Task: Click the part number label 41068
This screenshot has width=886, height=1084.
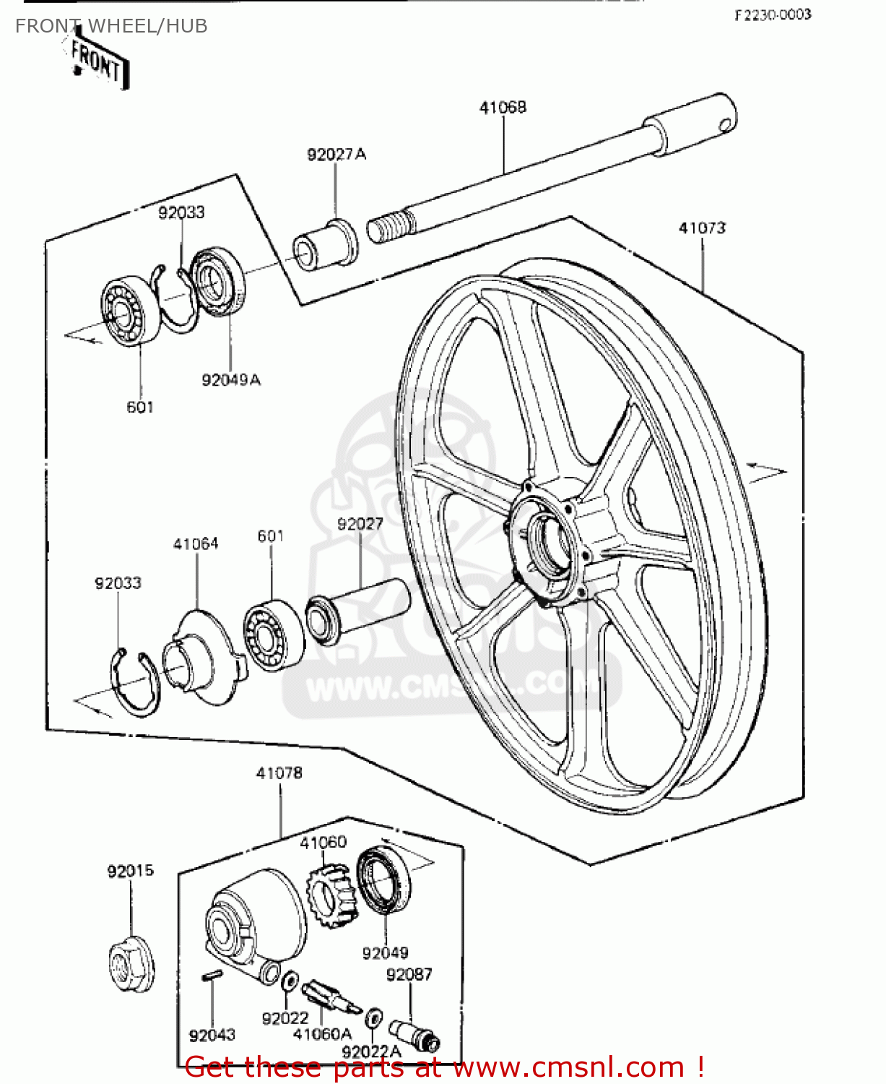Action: pos(503,107)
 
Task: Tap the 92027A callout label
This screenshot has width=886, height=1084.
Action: pos(336,154)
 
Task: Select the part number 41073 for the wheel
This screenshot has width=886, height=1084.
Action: pos(702,228)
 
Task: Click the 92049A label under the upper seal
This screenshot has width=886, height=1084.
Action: pos(231,379)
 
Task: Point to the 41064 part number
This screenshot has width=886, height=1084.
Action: pos(196,543)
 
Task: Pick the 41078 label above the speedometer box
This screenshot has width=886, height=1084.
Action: pos(279,773)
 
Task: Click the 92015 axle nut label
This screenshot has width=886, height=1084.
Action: pos(131,871)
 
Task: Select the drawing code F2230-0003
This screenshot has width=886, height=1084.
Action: pos(773,14)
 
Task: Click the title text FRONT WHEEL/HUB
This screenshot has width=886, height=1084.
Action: pos(111,26)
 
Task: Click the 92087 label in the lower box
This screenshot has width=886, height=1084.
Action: pos(409,974)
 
